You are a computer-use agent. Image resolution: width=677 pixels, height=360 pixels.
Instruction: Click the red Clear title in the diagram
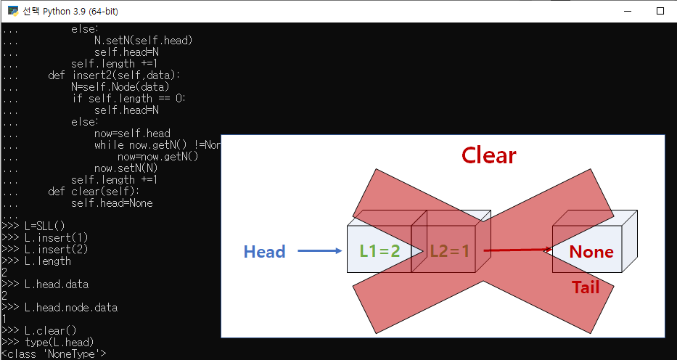pyautogui.click(x=488, y=155)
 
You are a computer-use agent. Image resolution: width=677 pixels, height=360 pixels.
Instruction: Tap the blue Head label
pyautogui.click(x=264, y=252)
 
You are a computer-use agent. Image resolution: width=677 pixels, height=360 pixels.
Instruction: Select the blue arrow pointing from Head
pyautogui.click(x=319, y=252)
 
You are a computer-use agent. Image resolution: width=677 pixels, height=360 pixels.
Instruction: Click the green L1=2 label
pyautogui.click(x=380, y=251)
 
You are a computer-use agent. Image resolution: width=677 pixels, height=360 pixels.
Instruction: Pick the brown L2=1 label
pyautogui.click(x=450, y=251)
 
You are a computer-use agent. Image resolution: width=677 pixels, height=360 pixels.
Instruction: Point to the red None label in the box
pyautogui.click(x=591, y=252)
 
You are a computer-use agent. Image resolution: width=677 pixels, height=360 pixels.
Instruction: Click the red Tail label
pyautogui.click(x=586, y=287)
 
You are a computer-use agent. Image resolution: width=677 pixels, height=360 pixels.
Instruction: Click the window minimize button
pyautogui.click(x=626, y=11)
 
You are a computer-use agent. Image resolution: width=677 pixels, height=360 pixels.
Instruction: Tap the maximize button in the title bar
pyautogui.click(x=660, y=11)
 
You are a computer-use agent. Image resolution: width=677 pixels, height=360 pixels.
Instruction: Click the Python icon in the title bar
pyautogui.click(x=12, y=11)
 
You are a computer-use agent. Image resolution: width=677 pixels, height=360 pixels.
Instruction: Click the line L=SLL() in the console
pyautogui.click(x=44, y=226)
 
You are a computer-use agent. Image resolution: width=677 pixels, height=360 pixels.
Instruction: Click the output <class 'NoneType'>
pyautogui.click(x=54, y=353)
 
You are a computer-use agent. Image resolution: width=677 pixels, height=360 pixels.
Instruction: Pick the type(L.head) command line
pyautogui.click(x=59, y=342)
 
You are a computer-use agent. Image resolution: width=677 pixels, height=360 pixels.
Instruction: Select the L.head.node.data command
pyautogui.click(x=70, y=307)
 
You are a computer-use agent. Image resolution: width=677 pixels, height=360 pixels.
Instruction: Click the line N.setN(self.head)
pyautogui.click(x=143, y=40)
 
